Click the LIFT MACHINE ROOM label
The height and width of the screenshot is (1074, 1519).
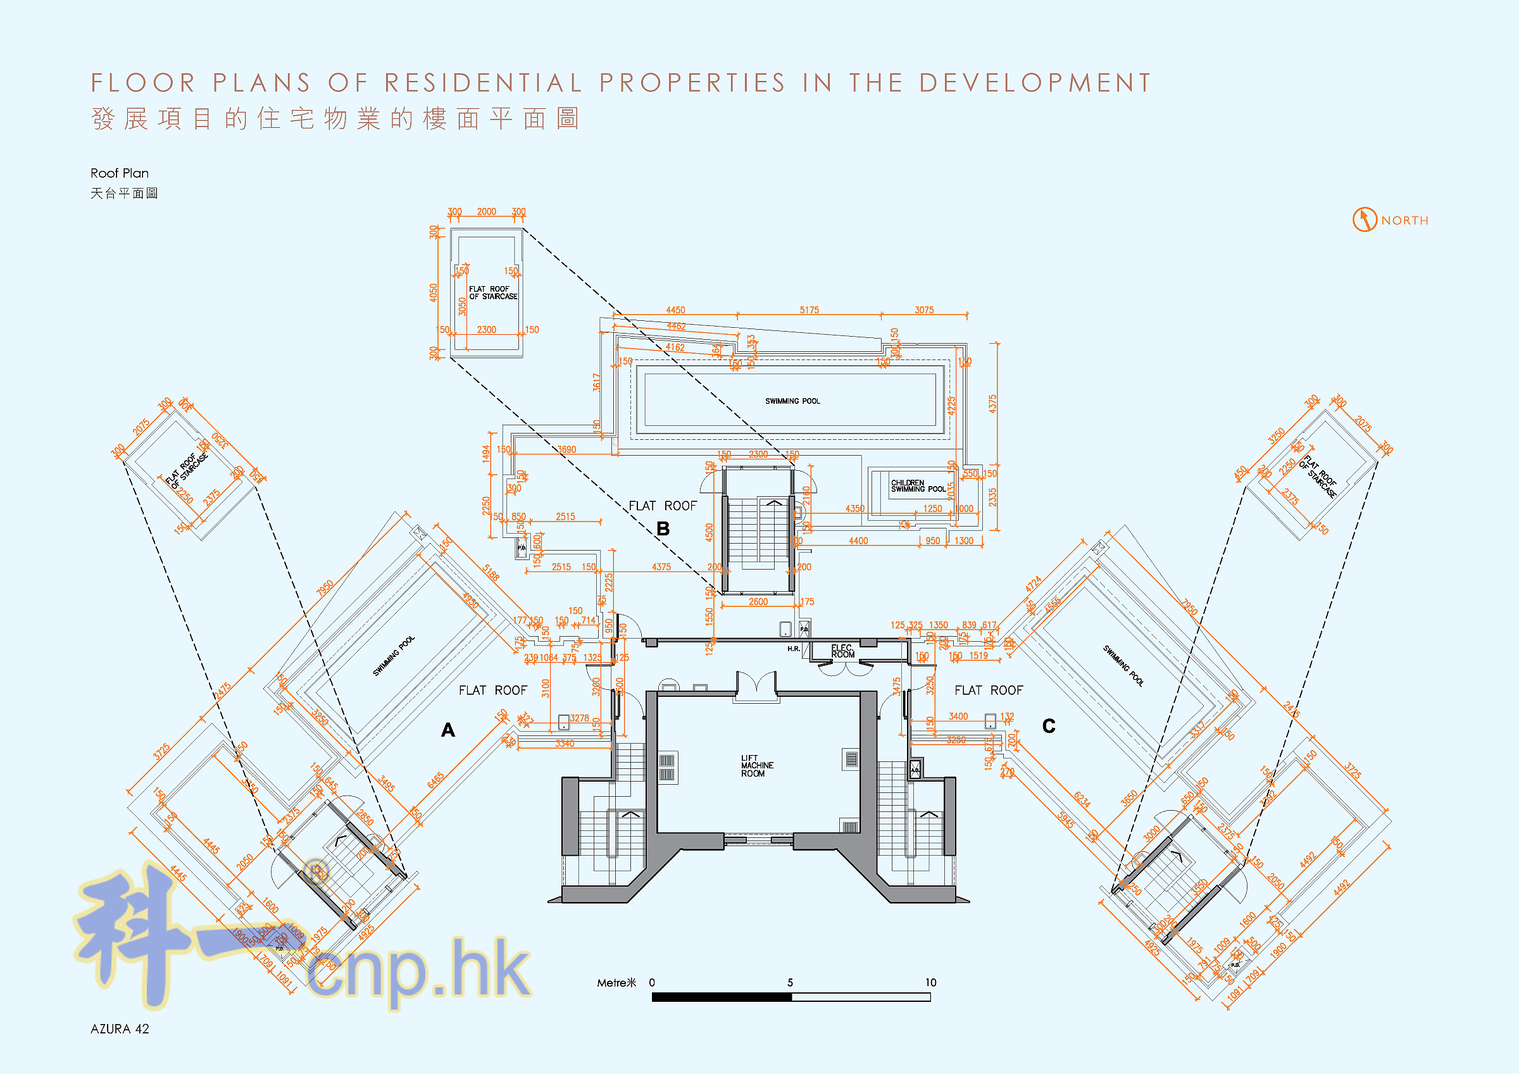756,766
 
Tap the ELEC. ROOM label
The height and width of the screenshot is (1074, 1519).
842,651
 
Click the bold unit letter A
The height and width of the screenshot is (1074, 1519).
448,730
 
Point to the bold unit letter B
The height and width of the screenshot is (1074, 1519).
663,528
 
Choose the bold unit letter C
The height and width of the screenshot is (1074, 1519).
1049,726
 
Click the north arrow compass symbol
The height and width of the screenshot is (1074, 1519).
1364,220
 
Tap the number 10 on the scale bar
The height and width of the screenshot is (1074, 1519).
930,982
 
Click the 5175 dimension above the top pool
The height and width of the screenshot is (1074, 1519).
809,309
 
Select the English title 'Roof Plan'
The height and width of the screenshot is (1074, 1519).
120,173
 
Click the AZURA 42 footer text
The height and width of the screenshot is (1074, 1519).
120,1029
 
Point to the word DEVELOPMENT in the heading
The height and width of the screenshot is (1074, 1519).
1035,84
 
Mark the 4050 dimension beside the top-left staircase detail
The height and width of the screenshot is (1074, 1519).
434,292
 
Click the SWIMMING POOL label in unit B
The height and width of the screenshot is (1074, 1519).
792,401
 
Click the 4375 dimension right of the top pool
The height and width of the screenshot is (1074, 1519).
992,404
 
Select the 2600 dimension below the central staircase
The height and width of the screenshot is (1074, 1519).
758,601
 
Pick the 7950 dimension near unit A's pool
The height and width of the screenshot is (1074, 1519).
325,587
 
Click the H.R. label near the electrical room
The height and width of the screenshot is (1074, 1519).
793,649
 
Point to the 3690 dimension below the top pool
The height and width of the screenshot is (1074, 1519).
566,449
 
